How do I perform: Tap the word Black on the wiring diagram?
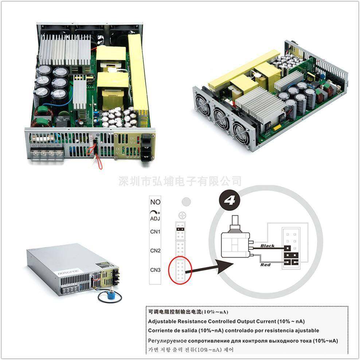click(267, 246)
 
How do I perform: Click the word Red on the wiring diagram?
click(265, 265)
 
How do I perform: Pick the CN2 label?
click(155, 251)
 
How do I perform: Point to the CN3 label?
click(155, 270)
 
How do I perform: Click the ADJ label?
click(155, 219)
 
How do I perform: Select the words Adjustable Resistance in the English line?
click(177, 321)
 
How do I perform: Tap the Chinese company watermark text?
click(180, 181)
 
